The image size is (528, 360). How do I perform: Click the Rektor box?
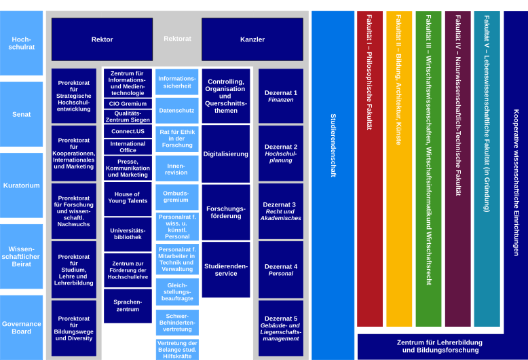pyautogui.click(x=102, y=39)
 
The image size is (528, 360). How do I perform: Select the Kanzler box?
pyautogui.click(x=252, y=39)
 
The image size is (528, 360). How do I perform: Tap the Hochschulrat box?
pyautogui.click(x=22, y=43)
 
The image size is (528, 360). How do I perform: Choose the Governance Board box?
pyautogui.click(x=22, y=327)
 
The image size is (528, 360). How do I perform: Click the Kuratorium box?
pyautogui.click(x=22, y=185)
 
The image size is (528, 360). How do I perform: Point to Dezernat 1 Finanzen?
pyautogui.click(x=281, y=96)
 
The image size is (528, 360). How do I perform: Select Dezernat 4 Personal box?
pyautogui.click(x=281, y=270)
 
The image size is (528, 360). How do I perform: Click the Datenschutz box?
pyautogui.click(x=177, y=110)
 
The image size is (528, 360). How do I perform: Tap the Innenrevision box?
pyautogui.click(x=177, y=168)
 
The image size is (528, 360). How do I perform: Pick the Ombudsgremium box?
pyautogui.click(x=177, y=197)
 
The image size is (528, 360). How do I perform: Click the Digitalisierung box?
pyautogui.click(x=226, y=154)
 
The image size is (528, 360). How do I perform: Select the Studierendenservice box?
pyautogui.click(x=226, y=270)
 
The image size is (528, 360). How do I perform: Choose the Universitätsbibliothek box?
pyautogui.click(x=128, y=234)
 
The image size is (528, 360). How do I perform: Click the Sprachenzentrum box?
pyautogui.click(x=128, y=305)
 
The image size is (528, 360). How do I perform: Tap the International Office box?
pyautogui.click(x=128, y=147)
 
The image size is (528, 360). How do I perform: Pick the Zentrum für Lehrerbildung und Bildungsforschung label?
pyautogui.click(x=439, y=346)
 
